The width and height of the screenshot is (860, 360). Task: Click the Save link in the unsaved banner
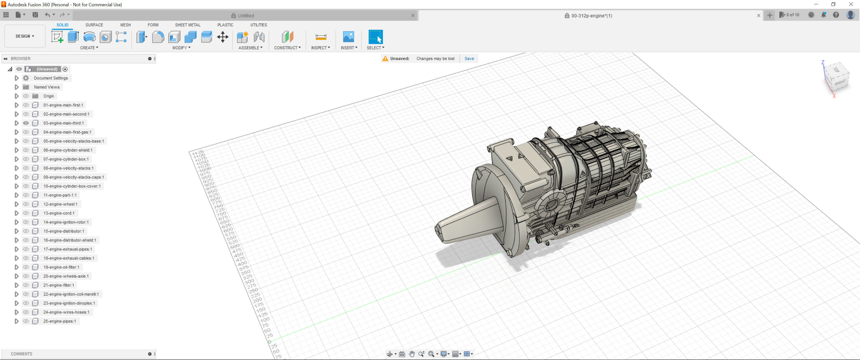469,58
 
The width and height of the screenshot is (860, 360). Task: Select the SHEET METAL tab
187,25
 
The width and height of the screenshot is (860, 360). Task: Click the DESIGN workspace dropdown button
25,36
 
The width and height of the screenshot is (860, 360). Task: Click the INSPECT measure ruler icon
320,37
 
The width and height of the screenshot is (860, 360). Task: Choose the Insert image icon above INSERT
348,37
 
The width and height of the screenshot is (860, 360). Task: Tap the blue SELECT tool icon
375,37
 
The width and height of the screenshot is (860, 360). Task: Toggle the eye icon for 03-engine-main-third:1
26,123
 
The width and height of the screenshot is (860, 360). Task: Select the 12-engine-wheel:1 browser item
60,204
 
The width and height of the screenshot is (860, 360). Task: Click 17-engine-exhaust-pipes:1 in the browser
67,249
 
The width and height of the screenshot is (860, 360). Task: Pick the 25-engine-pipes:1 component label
59,321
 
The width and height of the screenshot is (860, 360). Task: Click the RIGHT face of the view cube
840,82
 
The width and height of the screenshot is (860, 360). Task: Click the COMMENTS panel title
21,354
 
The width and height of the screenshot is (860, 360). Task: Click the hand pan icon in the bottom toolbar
412,354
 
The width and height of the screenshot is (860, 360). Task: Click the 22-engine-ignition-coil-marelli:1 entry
71,294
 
